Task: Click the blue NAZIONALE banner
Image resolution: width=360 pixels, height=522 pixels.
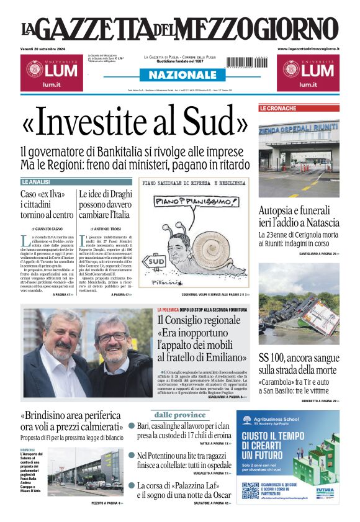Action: (179, 75)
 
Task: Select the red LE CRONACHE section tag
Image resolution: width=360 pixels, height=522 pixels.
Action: (279, 108)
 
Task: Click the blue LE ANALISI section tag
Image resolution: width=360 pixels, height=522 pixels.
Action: (44, 182)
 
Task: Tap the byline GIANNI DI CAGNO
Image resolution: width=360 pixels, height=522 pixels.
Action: (52, 229)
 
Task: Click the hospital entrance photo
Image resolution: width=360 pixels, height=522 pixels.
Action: (299, 158)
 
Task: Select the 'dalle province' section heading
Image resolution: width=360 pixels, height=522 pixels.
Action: (180, 415)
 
